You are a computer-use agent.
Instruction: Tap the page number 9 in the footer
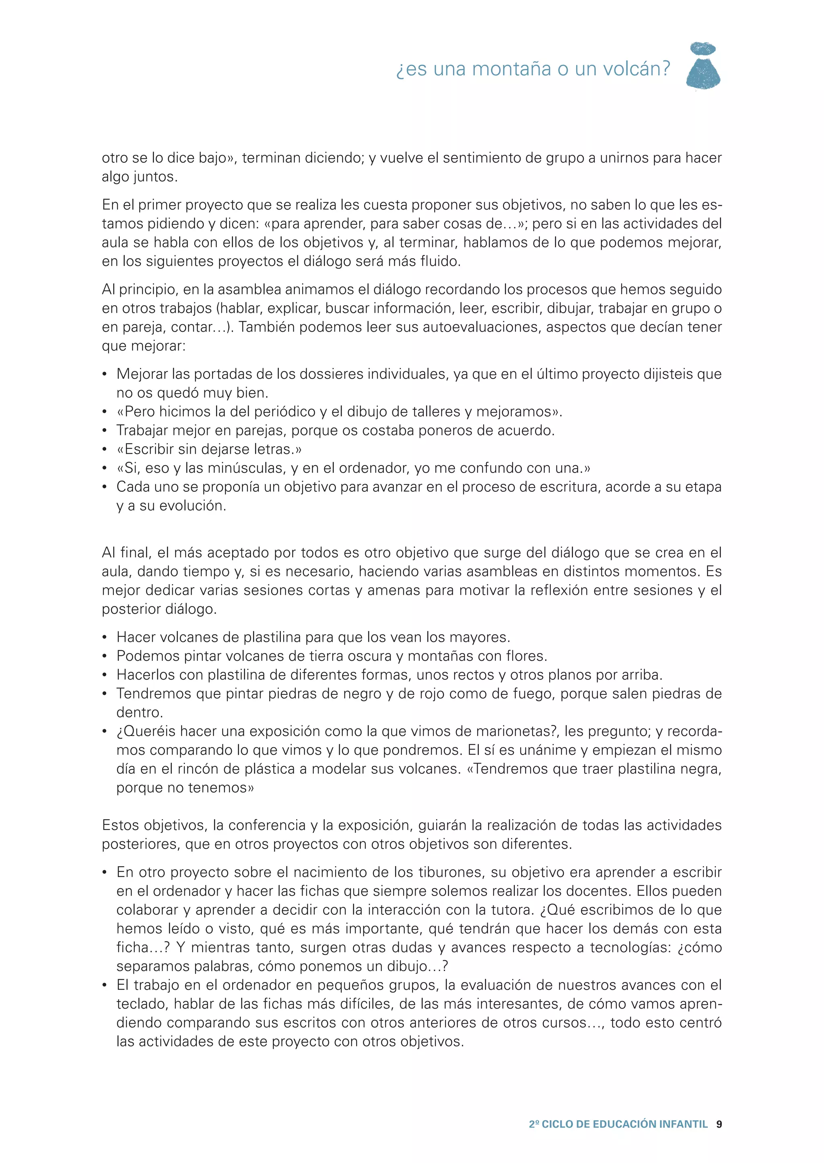[719, 1124]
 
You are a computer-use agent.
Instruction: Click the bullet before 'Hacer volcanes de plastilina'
[105, 637]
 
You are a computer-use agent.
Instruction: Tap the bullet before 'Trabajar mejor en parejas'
[105, 431]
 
